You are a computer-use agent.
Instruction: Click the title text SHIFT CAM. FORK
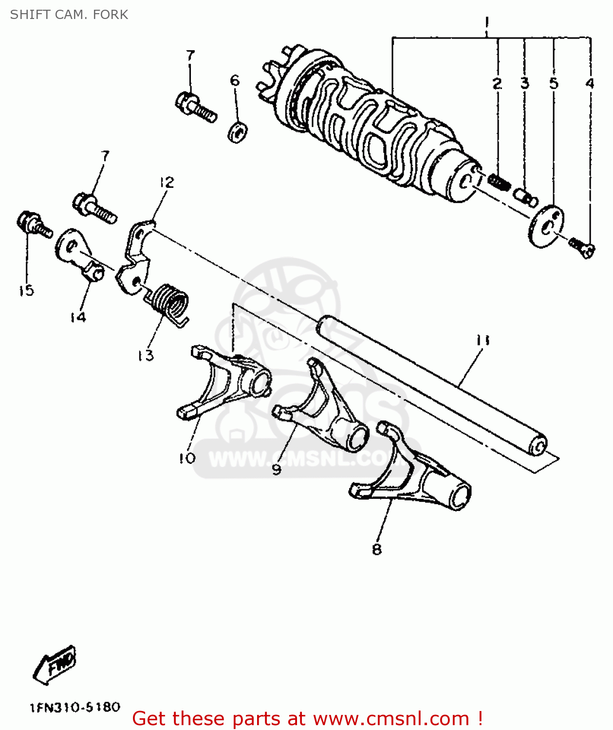click(69, 15)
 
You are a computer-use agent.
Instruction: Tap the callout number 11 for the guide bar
click(483, 340)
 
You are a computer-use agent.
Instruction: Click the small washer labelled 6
click(238, 132)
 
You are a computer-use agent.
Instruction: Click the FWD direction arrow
click(55, 664)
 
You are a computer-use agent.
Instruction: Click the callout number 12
click(167, 182)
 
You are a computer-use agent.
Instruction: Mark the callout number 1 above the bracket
click(486, 22)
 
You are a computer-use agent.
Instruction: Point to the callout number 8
click(376, 549)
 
